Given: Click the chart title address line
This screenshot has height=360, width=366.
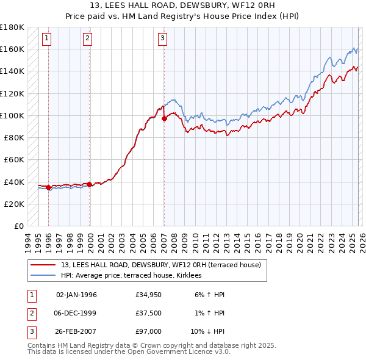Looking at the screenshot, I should pos(182,5).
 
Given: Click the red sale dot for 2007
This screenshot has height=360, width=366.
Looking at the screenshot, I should pos(164,118).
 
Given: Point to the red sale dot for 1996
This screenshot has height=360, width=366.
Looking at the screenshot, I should pos(48,187).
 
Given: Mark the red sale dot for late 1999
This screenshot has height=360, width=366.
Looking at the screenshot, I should pos(89,184).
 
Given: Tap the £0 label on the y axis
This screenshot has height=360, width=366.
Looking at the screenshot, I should pos(18,226).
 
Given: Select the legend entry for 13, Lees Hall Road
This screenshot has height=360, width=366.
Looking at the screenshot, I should pos(161,265).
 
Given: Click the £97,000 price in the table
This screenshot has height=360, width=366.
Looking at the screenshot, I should pos(149,332).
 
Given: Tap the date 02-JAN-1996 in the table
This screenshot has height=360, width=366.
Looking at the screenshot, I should pos(76,294).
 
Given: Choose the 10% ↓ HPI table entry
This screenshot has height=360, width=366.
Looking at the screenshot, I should pos(208,332).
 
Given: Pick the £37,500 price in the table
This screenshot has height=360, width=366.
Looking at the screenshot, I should pos(149,313).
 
